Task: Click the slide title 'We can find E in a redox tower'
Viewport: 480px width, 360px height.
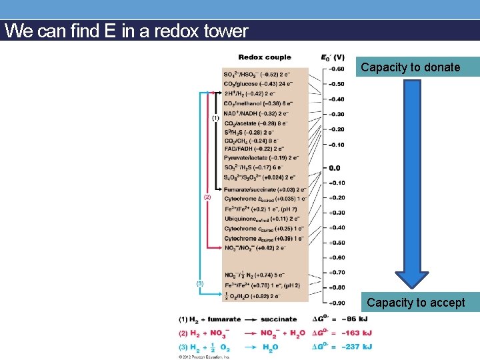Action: click(x=126, y=31)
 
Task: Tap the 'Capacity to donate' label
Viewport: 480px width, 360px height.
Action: click(x=410, y=67)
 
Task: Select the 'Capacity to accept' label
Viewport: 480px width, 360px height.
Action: click(x=415, y=303)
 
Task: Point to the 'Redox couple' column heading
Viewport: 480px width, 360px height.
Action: click(x=265, y=57)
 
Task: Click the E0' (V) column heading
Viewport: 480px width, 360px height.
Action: click(x=333, y=57)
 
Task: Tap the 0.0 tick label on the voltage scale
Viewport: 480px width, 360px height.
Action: click(x=334, y=168)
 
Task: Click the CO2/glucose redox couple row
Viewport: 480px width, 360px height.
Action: click(x=261, y=83)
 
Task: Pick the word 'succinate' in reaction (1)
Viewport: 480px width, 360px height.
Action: click(x=278, y=319)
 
